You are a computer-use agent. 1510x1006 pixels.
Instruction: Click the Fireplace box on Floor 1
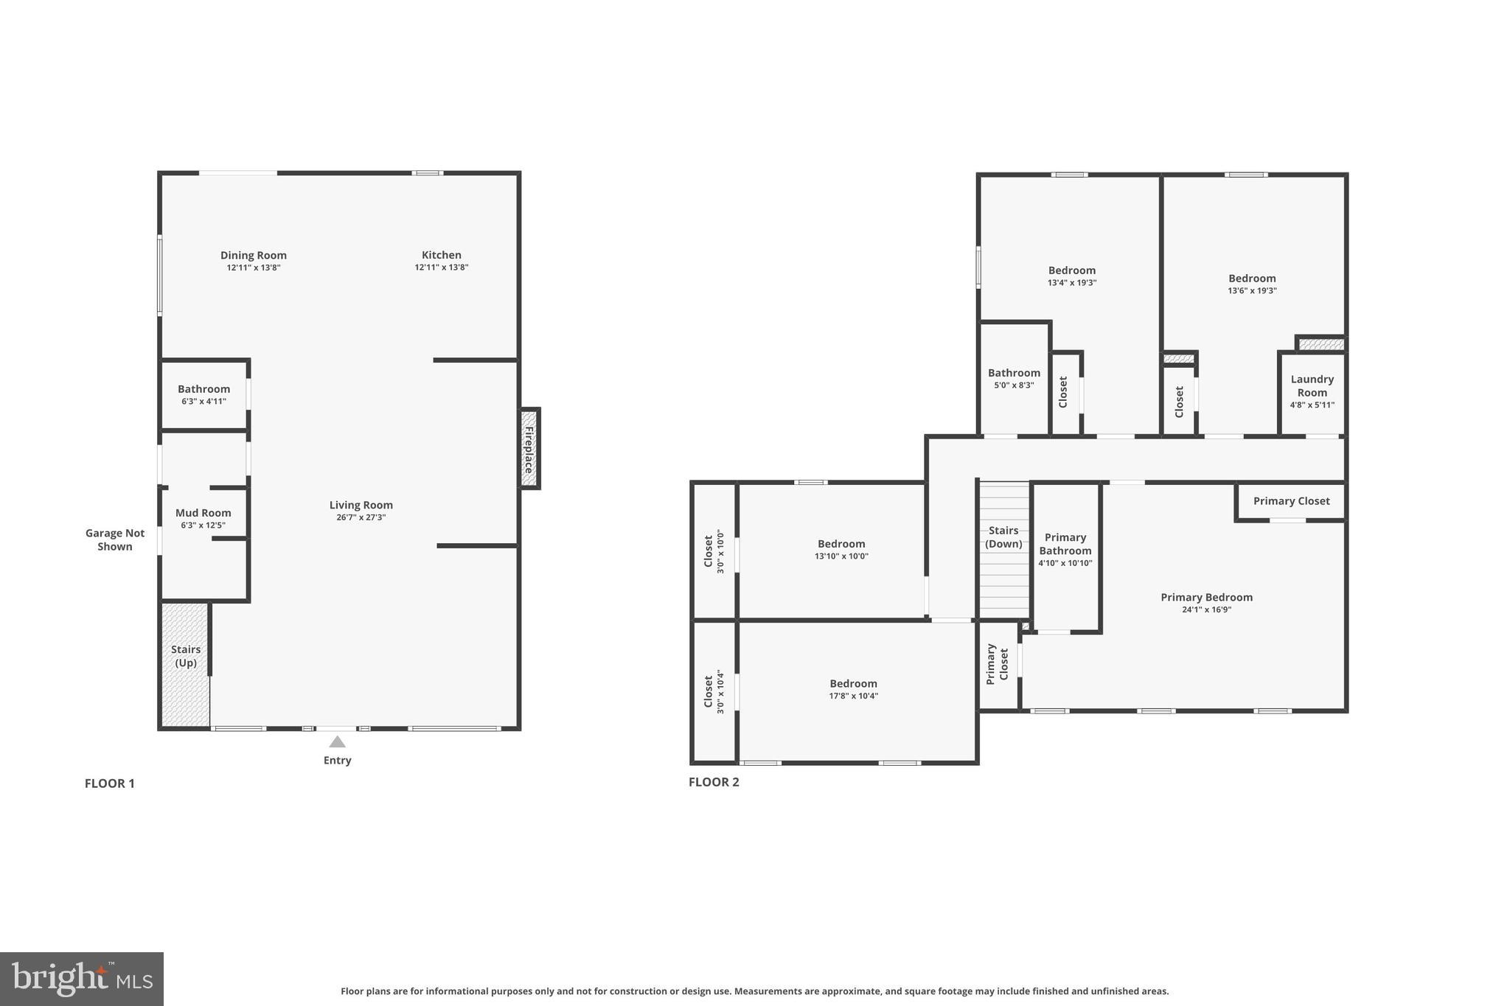(529, 448)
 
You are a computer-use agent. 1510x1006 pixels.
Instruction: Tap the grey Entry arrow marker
(337, 741)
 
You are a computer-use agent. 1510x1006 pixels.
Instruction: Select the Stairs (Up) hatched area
(185, 663)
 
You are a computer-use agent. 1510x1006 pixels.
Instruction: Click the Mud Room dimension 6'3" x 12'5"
(203, 525)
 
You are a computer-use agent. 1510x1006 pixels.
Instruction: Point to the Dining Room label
(254, 255)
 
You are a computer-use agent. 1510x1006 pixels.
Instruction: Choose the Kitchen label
(442, 255)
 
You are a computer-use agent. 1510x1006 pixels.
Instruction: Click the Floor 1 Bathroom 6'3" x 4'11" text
(204, 402)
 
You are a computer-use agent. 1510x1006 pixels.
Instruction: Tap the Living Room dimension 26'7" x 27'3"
(361, 517)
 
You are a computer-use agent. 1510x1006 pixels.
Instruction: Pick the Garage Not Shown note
(115, 539)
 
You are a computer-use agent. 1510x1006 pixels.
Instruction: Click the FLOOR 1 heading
(110, 783)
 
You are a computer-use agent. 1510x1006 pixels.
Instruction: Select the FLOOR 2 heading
(714, 782)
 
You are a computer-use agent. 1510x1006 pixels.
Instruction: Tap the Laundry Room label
(1312, 385)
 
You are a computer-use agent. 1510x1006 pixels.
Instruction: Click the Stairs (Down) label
(1003, 537)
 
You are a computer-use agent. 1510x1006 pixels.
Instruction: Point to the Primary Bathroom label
(1065, 544)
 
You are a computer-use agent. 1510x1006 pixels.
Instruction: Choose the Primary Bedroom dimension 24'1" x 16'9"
(1206, 609)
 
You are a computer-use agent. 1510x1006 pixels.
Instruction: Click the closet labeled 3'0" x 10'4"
(714, 691)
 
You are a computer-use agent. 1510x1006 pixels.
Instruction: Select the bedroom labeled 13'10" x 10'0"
(841, 550)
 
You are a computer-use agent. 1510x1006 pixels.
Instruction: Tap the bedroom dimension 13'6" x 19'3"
(1252, 290)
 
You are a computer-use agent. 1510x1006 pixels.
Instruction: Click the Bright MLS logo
(82, 979)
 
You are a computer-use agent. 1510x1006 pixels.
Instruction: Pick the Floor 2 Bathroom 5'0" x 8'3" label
(1014, 379)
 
